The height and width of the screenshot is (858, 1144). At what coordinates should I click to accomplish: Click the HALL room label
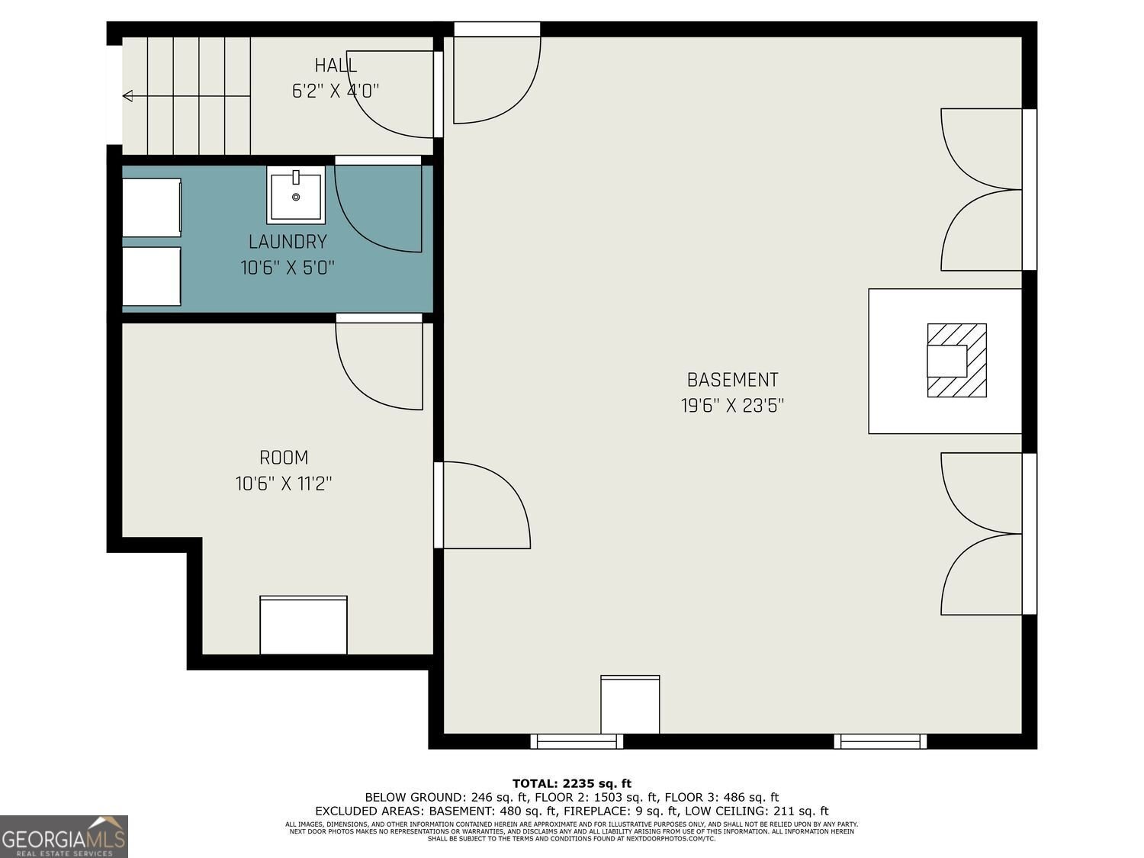point(336,66)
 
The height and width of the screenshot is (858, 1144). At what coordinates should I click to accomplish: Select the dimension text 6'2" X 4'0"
point(336,92)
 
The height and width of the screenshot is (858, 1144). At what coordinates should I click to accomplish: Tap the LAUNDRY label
point(288,242)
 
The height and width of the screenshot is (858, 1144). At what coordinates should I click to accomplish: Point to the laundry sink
point(296,194)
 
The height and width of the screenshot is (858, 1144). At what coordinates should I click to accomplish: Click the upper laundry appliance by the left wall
point(152,207)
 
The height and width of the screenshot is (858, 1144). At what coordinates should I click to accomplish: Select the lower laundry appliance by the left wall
point(152,276)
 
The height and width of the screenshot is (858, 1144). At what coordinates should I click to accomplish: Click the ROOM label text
point(284,458)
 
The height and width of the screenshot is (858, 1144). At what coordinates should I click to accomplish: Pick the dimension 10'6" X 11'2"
point(284,484)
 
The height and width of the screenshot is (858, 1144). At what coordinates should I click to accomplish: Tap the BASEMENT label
point(732,380)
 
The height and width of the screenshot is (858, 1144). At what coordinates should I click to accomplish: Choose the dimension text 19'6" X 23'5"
point(732,406)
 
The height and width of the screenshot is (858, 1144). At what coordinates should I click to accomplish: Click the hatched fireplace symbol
point(956,361)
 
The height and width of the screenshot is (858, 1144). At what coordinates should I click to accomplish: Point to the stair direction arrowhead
point(128,96)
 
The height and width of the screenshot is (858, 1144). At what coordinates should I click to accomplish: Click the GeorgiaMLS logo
point(64,837)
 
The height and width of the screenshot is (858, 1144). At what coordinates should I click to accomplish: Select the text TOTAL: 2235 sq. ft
point(572,783)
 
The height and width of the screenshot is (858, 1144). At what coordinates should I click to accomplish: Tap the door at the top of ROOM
point(380,365)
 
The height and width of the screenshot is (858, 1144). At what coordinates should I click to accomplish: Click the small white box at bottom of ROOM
point(304,625)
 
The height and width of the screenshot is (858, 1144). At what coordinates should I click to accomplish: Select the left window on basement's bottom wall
point(577,741)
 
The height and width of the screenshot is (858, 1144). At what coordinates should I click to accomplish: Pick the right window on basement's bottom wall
point(880,741)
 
